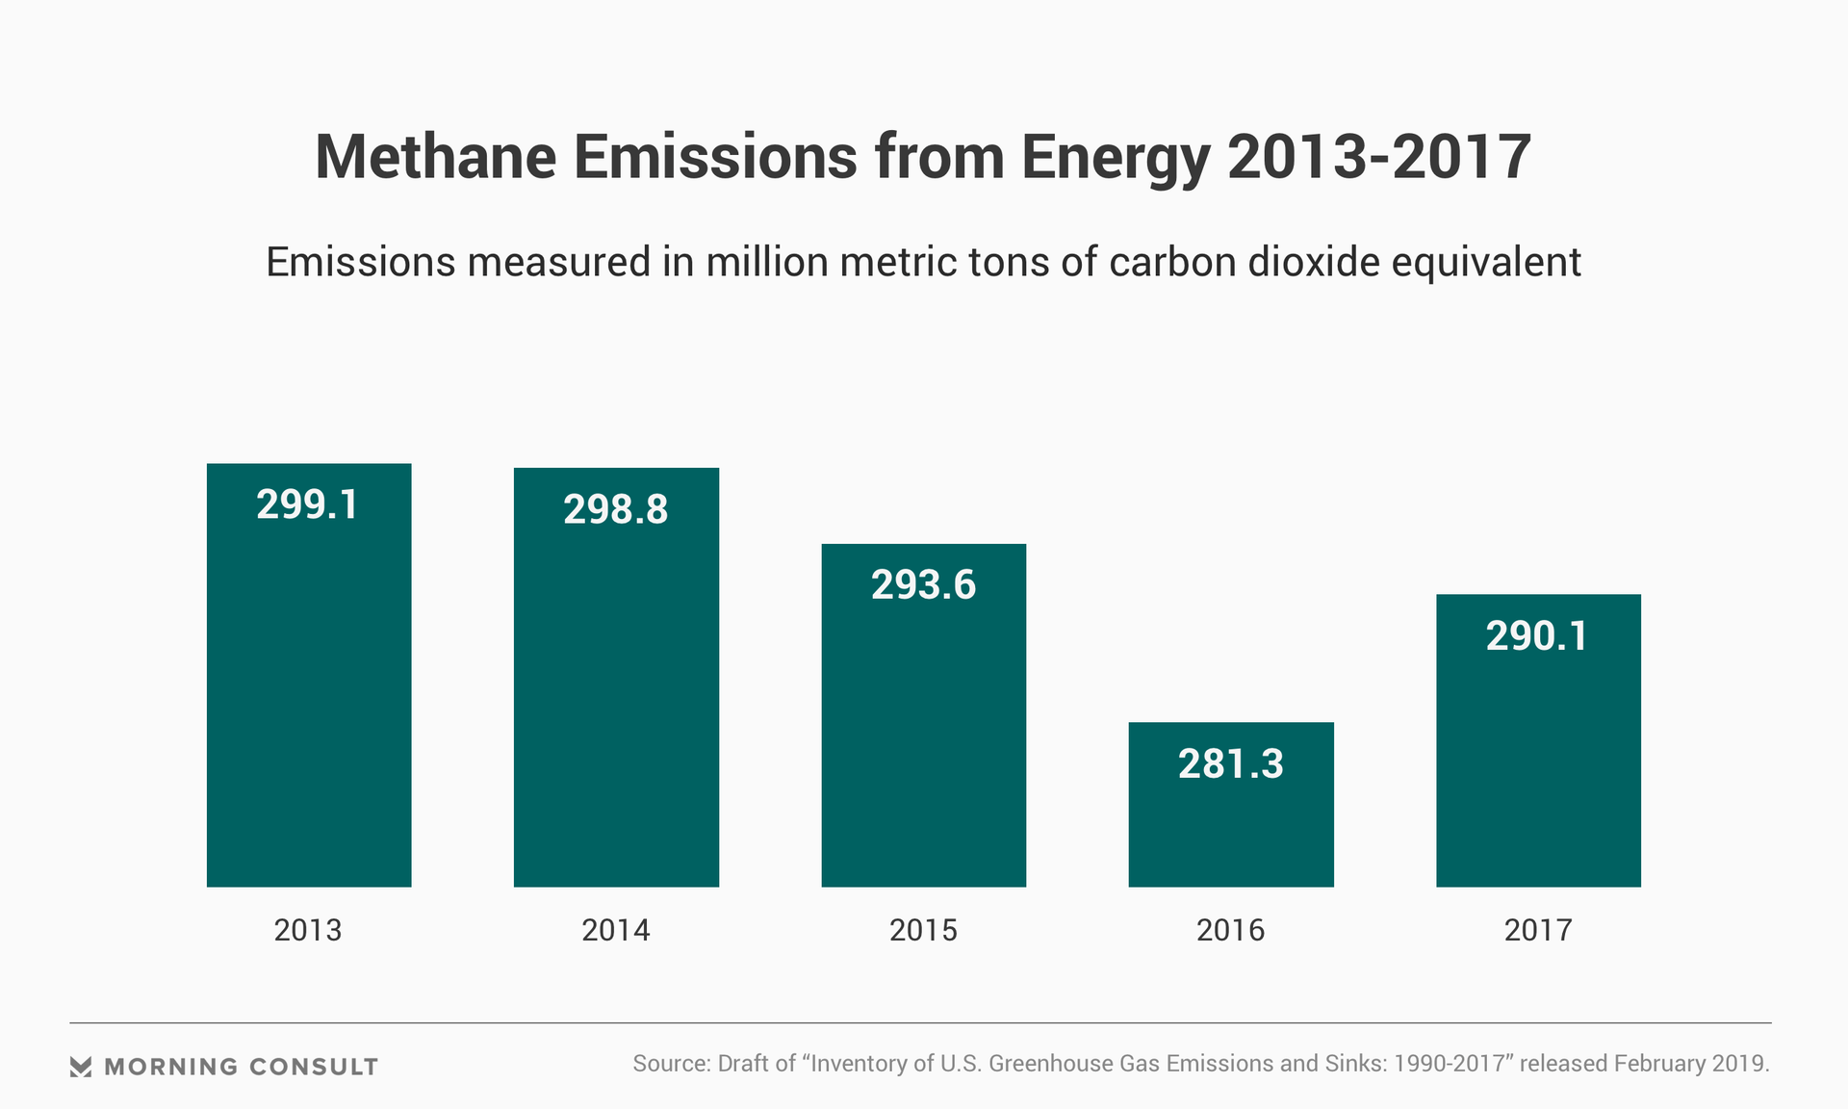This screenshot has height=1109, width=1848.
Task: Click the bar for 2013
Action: (x=309, y=693)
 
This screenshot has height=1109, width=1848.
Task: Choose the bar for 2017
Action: (x=1538, y=761)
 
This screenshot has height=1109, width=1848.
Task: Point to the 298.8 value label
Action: (x=616, y=509)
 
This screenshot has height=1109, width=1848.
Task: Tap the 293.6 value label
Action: (x=923, y=585)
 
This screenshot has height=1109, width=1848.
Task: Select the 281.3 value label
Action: (x=1231, y=764)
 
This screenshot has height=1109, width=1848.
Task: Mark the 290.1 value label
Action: (x=1537, y=636)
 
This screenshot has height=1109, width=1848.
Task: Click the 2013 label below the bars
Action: (x=308, y=930)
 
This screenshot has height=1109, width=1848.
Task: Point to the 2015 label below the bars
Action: (x=923, y=930)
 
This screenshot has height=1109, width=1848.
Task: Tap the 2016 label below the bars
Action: (x=1231, y=930)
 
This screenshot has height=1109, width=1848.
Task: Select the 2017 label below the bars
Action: (x=1538, y=930)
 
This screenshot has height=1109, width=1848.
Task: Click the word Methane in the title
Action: (x=436, y=157)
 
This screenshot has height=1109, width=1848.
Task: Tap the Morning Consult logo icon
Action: (x=81, y=1067)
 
